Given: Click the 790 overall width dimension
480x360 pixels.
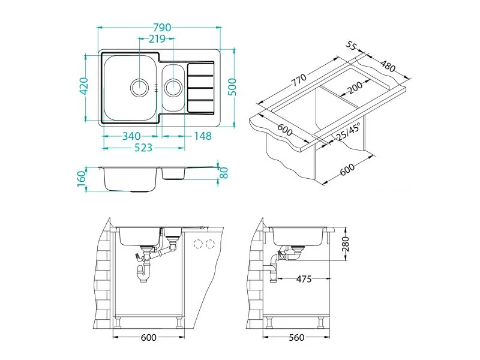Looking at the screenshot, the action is pyautogui.click(x=162, y=28).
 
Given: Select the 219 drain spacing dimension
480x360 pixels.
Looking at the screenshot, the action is pyautogui.click(x=157, y=39).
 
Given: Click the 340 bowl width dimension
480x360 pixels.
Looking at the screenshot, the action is pyautogui.click(x=131, y=136).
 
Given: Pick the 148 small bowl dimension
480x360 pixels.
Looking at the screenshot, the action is pyautogui.click(x=203, y=136).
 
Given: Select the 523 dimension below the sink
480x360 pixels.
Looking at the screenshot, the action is pyautogui.click(x=143, y=148).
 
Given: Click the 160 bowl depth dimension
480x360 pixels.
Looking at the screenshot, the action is pyautogui.click(x=81, y=181).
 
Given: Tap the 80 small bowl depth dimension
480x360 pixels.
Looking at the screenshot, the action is pyautogui.click(x=224, y=173).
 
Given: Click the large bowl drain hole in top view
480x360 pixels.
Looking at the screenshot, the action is pyautogui.click(x=140, y=87).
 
